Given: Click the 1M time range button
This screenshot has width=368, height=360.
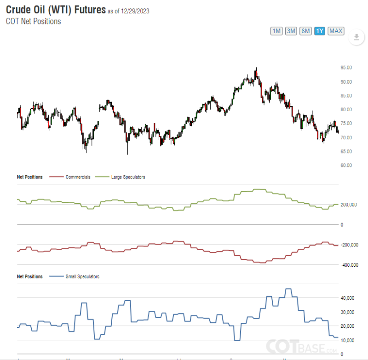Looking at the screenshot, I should tap(276, 31).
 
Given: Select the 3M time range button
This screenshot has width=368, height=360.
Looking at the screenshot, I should tap(291, 31).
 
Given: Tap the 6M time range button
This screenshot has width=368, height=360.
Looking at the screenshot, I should tap(305, 31).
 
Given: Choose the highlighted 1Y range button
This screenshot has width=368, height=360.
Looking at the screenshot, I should tap(320, 31).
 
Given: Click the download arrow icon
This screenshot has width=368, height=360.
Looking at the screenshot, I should tap(356, 37).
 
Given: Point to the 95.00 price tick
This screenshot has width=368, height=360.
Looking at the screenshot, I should tap(346, 68).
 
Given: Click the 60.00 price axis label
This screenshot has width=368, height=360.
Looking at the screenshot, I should tap(346, 166).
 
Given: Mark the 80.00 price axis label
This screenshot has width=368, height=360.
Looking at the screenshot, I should tap(346, 109).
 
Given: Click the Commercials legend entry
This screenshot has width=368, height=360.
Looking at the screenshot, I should tap(78, 177).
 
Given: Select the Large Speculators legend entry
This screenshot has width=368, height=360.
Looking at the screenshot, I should tap(128, 177).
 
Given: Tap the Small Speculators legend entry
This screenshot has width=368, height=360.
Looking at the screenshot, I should tap(82, 277).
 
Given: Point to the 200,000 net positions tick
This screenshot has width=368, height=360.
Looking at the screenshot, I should tap(348, 205).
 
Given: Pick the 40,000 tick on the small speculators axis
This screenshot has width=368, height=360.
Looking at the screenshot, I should tap(348, 298).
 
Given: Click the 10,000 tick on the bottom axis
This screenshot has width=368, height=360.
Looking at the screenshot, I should tap(348, 340).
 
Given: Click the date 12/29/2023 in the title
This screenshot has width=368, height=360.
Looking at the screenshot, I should tap(132, 11).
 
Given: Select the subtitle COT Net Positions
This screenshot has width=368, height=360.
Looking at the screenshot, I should tap(33, 21).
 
